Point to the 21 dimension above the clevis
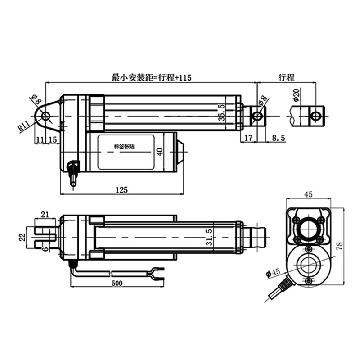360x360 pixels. point(45,215)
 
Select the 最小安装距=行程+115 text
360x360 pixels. point(151,78)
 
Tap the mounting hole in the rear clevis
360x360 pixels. point(45,116)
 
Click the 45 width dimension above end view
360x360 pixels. point(308,194)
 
